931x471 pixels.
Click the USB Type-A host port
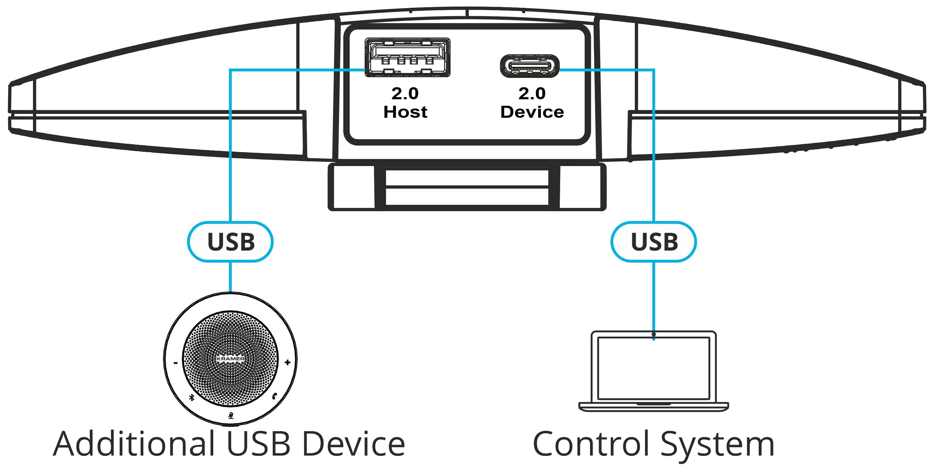pyautogui.click(x=407, y=57)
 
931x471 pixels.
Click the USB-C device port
pyautogui.click(x=529, y=66)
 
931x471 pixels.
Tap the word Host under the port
pyautogui.click(x=405, y=112)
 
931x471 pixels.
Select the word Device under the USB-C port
pyautogui.click(x=532, y=112)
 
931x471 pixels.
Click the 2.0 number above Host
pyautogui.click(x=405, y=94)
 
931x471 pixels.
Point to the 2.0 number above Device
pyautogui.click(x=532, y=94)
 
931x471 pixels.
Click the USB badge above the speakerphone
pyautogui.click(x=231, y=242)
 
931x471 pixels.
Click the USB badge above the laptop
pyautogui.click(x=654, y=242)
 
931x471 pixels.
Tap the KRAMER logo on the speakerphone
pyautogui.click(x=231, y=359)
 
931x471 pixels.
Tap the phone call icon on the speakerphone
pyautogui.click(x=275, y=396)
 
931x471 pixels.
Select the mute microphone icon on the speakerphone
pyautogui.click(x=231, y=416)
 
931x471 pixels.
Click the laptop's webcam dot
pyautogui.click(x=654, y=334)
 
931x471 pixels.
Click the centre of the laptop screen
pyautogui.click(x=654, y=368)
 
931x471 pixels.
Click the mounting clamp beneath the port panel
pyautogui.click(x=467, y=187)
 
